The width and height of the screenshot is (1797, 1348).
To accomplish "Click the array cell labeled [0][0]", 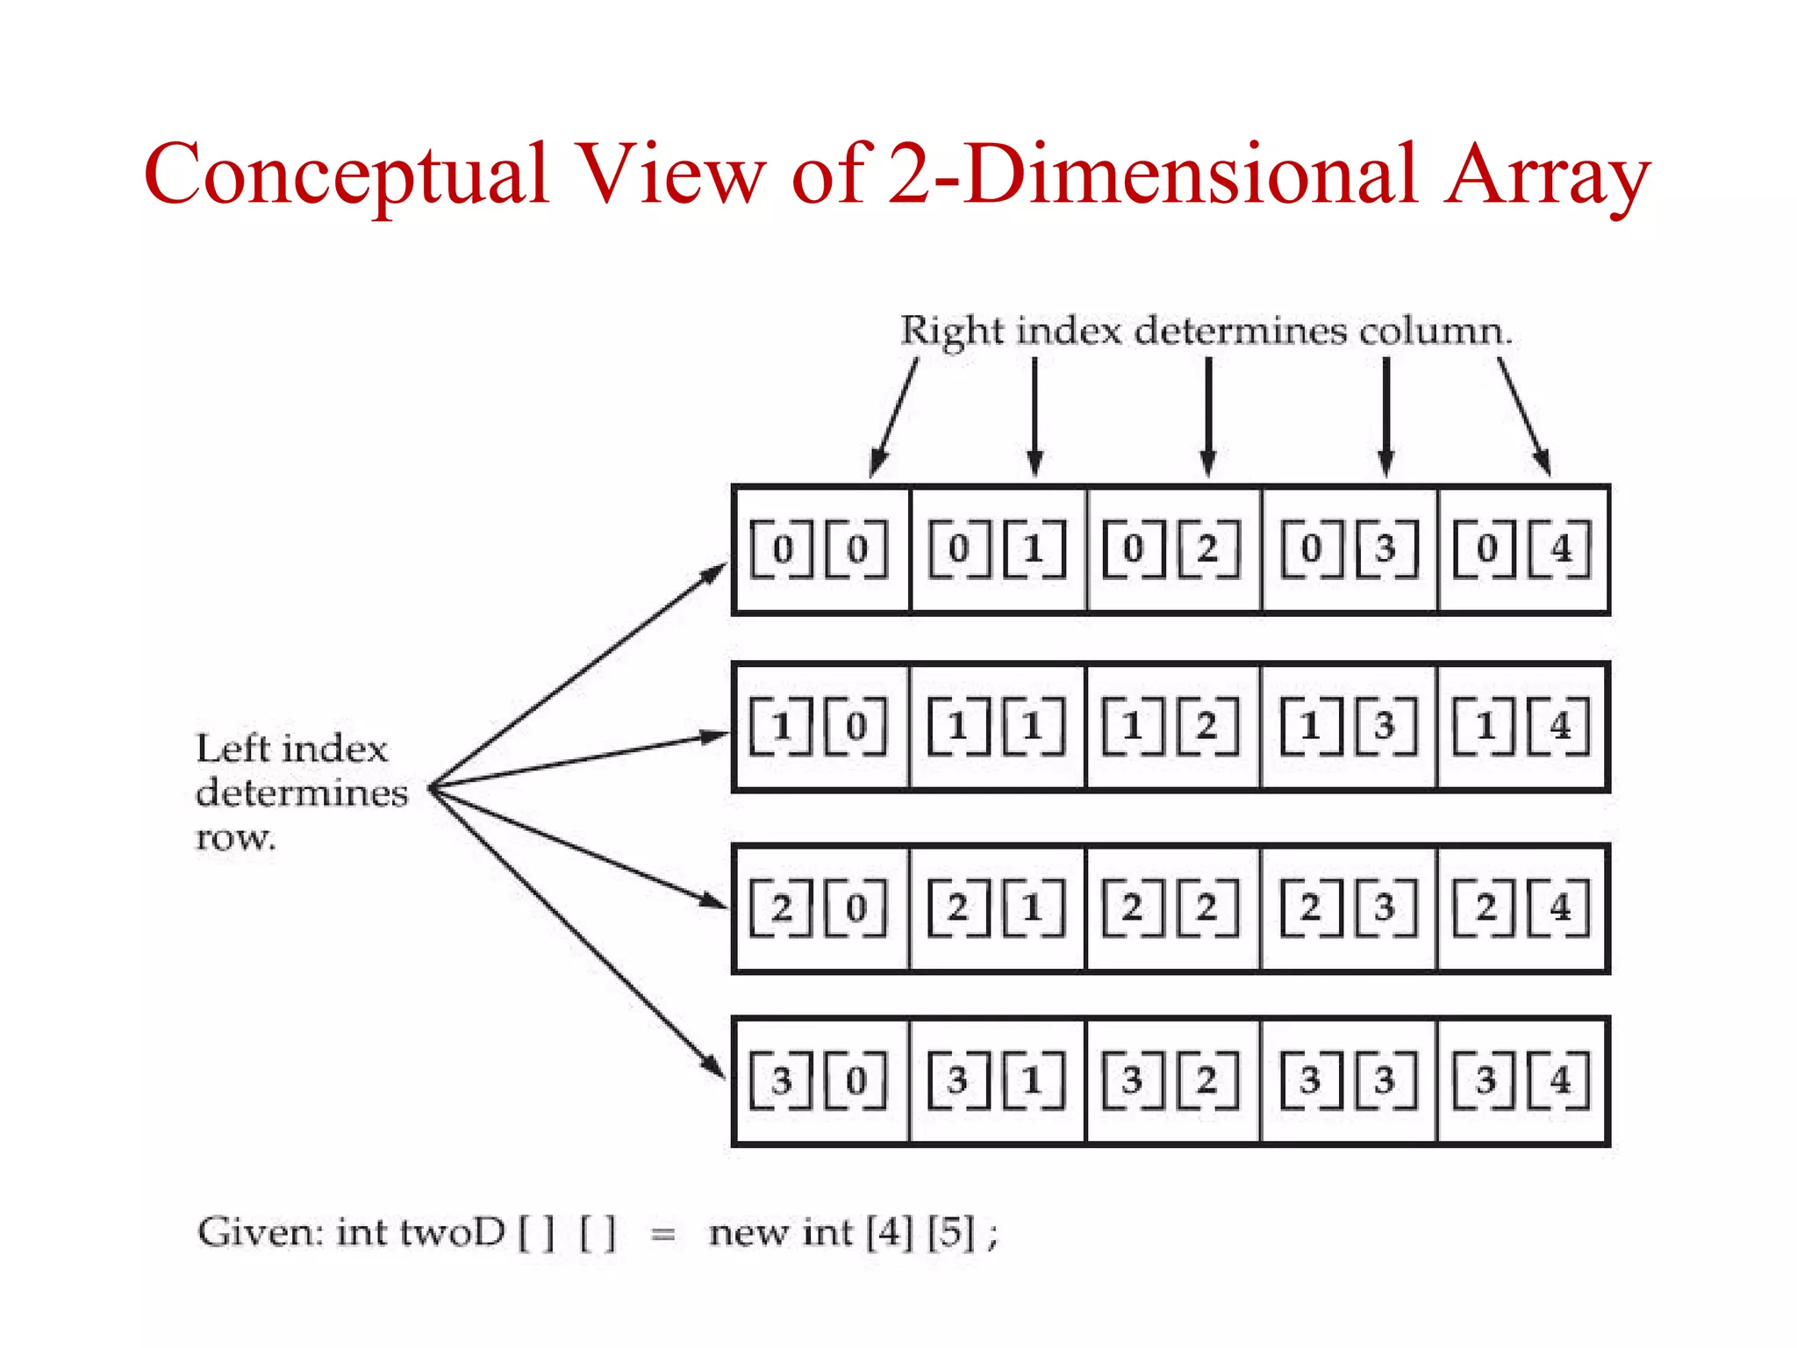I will [821, 549].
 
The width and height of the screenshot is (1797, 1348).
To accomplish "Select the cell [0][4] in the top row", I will [1523, 549].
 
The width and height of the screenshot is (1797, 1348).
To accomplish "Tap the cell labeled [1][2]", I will [1172, 727].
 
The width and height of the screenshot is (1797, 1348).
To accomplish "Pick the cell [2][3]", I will [1349, 907].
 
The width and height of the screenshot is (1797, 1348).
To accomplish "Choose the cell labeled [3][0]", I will [821, 1080].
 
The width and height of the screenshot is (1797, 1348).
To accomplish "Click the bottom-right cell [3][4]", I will [1523, 1080].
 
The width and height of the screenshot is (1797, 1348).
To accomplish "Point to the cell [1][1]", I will [998, 727].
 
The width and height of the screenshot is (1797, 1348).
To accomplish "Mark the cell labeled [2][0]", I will [821, 907].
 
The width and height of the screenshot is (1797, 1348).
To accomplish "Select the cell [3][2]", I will [1172, 1080].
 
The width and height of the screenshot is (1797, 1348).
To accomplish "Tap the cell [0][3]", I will [1349, 549].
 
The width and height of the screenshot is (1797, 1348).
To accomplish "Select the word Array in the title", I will [1548, 176].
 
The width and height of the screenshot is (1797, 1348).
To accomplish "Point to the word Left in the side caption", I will [232, 749].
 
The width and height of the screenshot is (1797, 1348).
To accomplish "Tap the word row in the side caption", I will [235, 837].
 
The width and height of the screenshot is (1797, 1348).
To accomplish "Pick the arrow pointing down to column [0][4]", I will [1523, 416].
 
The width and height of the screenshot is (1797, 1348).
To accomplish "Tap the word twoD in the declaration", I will [453, 1233].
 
